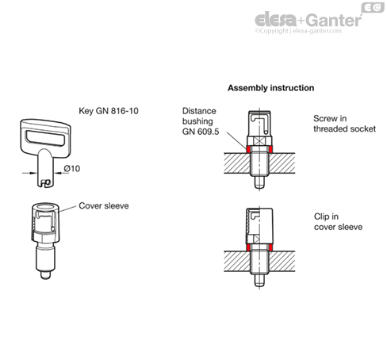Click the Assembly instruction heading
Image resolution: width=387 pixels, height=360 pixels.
(x=271, y=88)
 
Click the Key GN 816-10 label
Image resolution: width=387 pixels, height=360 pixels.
(x=109, y=111)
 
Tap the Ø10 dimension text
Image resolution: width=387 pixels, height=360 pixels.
(x=72, y=168)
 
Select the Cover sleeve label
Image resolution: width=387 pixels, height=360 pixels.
(x=104, y=205)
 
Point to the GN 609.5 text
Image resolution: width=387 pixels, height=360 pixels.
(x=201, y=132)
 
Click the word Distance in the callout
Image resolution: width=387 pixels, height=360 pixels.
(x=199, y=111)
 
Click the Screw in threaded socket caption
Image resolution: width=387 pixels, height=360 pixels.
(x=344, y=124)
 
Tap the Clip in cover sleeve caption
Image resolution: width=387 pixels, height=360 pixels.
(x=338, y=221)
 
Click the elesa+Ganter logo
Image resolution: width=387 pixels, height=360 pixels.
(x=308, y=19)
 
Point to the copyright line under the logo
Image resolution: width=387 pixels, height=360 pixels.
(x=298, y=31)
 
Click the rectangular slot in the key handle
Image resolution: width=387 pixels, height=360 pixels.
(x=45, y=137)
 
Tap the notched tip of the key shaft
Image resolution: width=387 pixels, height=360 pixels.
(x=45, y=183)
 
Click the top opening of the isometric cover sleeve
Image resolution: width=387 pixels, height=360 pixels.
(x=45, y=206)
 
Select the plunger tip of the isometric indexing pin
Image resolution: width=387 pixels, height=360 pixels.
(x=45, y=275)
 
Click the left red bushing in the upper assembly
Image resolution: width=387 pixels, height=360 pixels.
(x=248, y=149)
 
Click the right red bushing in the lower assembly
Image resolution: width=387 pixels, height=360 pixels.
(x=270, y=247)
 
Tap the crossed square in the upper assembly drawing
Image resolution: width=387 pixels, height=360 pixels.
(x=259, y=140)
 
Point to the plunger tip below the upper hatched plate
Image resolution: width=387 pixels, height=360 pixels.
(x=259, y=182)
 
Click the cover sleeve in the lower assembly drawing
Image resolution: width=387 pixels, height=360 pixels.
(x=259, y=226)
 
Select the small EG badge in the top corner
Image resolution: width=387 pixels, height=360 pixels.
(x=373, y=8)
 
